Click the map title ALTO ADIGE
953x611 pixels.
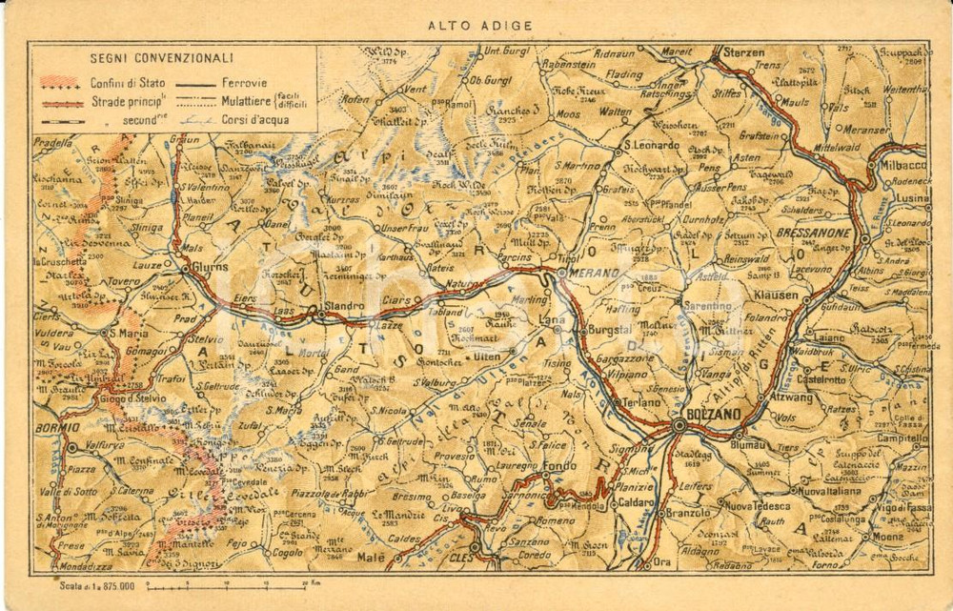[479, 26]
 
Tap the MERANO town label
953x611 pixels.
[597, 273]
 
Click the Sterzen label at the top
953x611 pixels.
[744, 52]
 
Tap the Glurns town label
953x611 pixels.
[209, 269]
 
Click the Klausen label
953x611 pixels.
[775, 295]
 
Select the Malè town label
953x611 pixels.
[397, 559]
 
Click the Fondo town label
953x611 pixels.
[559, 467]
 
